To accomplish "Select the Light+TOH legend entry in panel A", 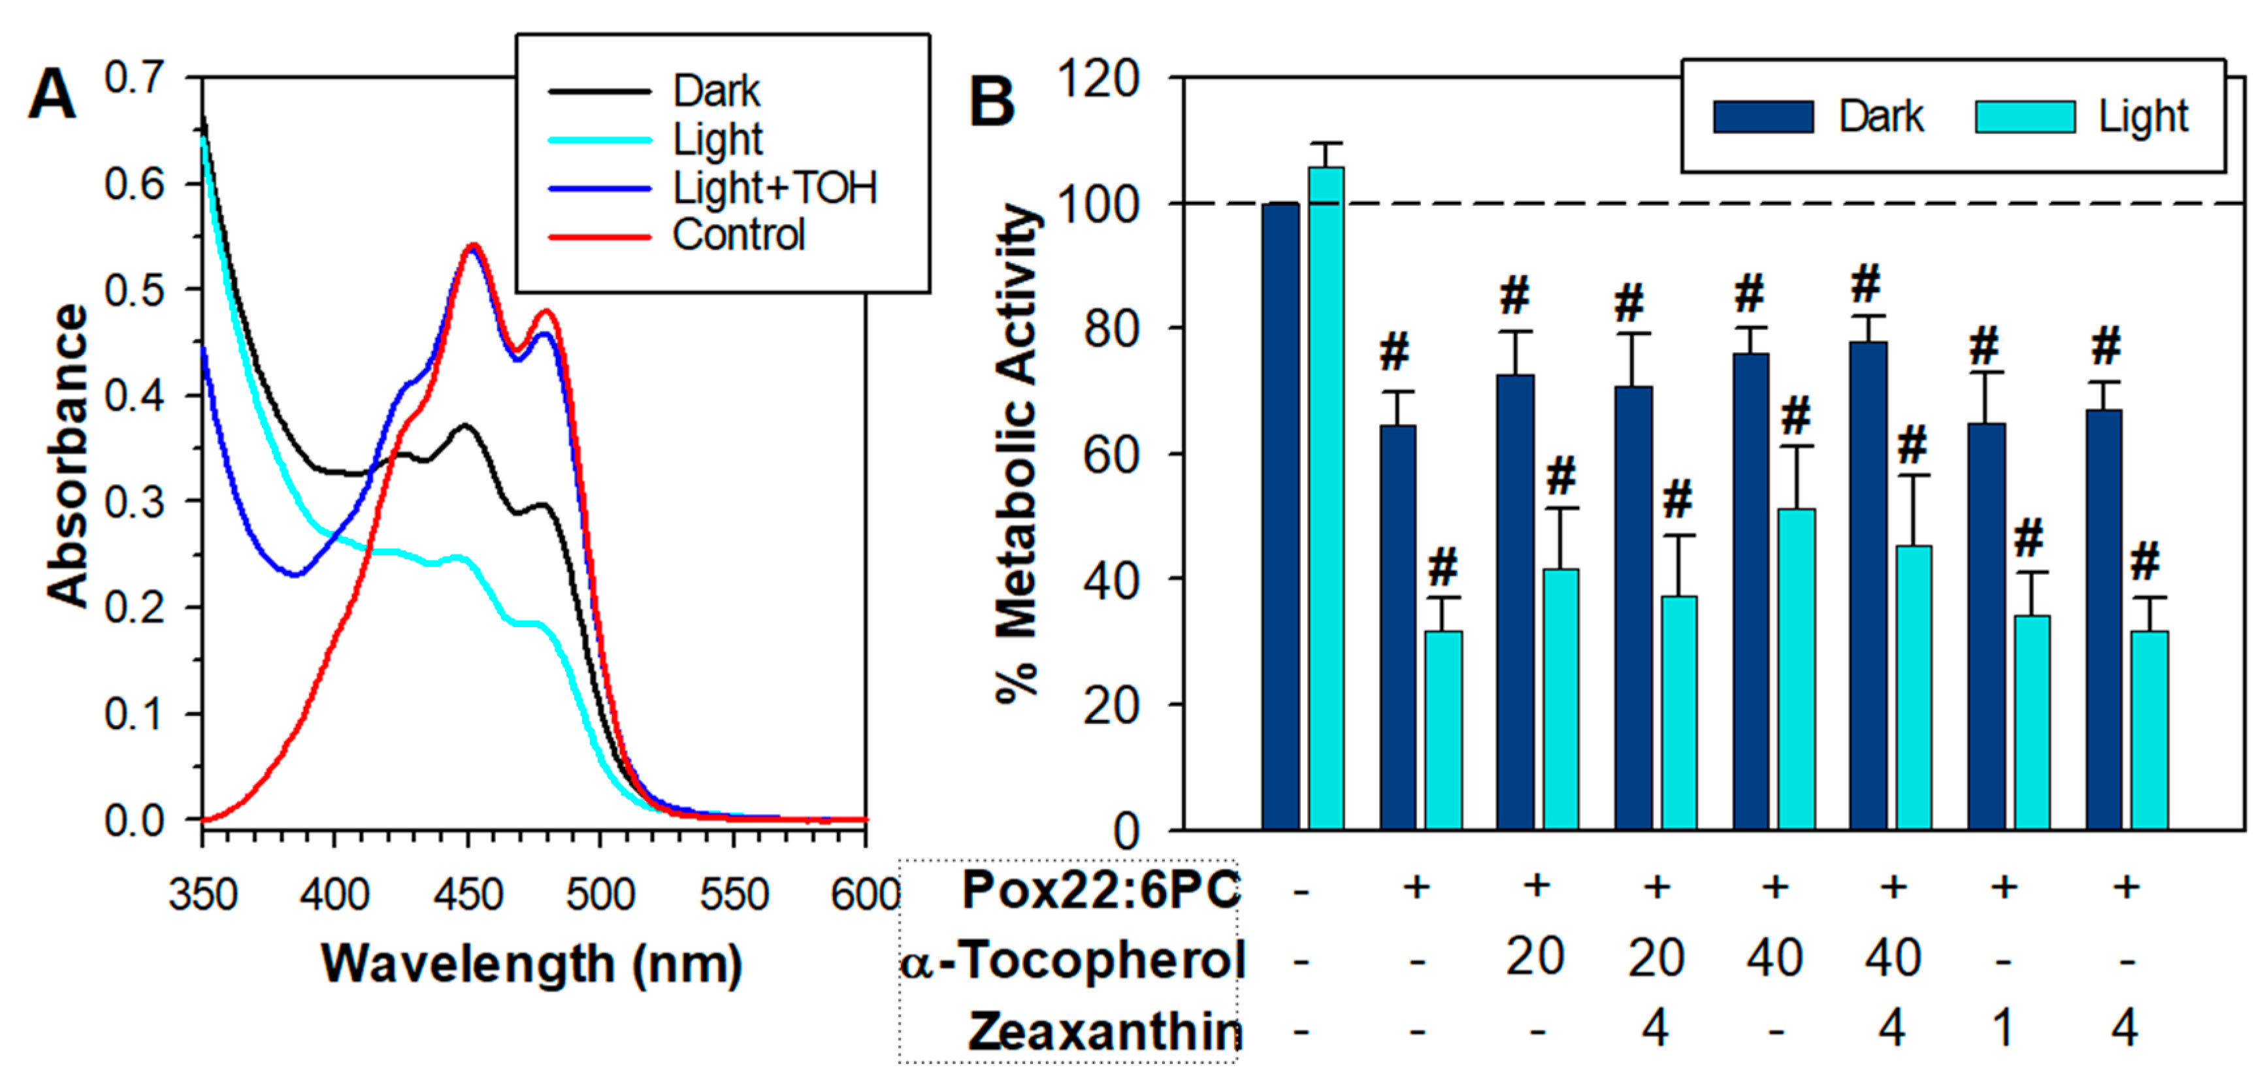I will (x=774, y=187).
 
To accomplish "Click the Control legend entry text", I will (x=738, y=235).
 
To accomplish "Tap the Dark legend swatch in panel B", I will (x=1763, y=117).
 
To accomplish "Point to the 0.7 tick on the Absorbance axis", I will (x=134, y=77).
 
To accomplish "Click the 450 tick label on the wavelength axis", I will (x=467, y=894).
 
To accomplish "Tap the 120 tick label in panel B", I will (x=1098, y=79).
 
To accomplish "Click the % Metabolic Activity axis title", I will (x=1019, y=453).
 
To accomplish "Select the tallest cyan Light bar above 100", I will (x=1326, y=497).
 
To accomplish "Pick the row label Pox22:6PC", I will (x=1101, y=889).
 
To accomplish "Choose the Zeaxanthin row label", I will (x=1105, y=1031).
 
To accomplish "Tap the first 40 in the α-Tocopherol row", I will (x=1774, y=957).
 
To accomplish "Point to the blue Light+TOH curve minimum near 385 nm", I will (x=296, y=574).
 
